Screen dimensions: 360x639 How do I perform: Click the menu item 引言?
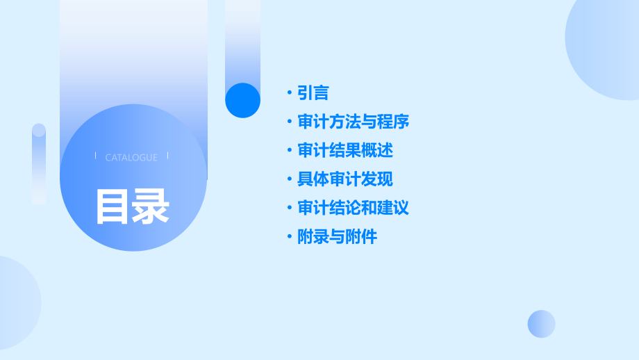[x=313, y=92]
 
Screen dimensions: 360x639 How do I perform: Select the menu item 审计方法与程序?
[x=353, y=122]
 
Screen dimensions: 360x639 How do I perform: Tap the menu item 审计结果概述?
[x=345, y=150]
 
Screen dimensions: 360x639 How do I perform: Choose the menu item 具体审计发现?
[x=345, y=179]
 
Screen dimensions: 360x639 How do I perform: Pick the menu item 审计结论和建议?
[x=353, y=208]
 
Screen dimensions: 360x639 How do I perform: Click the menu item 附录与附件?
[x=337, y=237]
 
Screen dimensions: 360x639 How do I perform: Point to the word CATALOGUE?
[x=131, y=158]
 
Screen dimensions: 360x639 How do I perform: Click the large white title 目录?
[x=132, y=206]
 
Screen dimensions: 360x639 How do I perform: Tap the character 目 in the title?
[x=113, y=206]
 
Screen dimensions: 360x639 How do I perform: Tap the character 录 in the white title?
[x=151, y=206]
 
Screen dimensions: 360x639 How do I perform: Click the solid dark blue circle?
[x=242, y=100]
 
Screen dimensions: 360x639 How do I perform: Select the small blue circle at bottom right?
[x=541, y=324]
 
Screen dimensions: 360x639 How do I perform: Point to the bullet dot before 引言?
[x=290, y=92]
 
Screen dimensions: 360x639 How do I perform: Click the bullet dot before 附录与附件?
[x=290, y=237]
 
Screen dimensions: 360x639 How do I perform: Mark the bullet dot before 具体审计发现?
[x=290, y=179]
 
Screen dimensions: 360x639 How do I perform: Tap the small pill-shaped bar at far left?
[x=39, y=164]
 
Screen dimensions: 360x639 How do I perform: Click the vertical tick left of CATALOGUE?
[x=95, y=156]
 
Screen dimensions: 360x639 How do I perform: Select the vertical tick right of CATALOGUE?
[x=168, y=156]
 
